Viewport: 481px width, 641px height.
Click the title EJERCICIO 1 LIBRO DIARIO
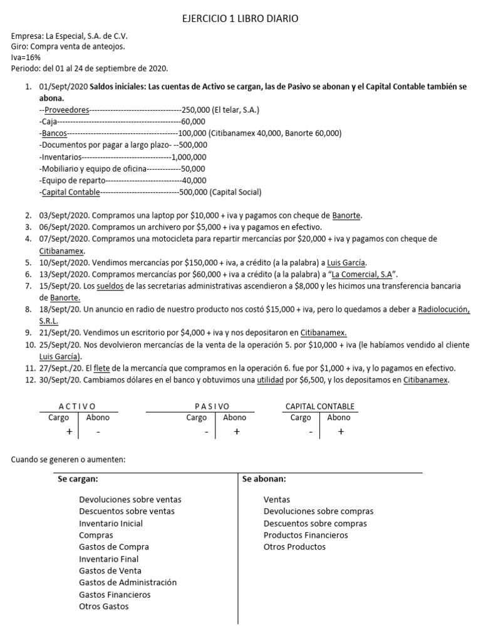(240, 19)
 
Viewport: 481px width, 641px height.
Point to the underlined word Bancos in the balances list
(53, 133)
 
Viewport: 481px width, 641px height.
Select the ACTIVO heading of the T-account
(77, 406)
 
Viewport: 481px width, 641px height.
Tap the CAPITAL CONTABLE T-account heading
(319, 406)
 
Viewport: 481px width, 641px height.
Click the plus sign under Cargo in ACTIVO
(69, 431)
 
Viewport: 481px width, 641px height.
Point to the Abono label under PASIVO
(234, 418)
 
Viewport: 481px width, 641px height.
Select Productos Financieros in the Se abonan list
(305, 535)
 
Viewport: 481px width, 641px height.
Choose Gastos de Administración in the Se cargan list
(128, 582)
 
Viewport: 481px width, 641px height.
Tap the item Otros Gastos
(104, 606)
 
